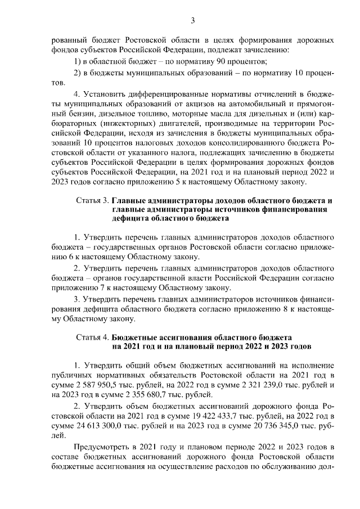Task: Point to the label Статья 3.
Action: [x=92, y=201]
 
